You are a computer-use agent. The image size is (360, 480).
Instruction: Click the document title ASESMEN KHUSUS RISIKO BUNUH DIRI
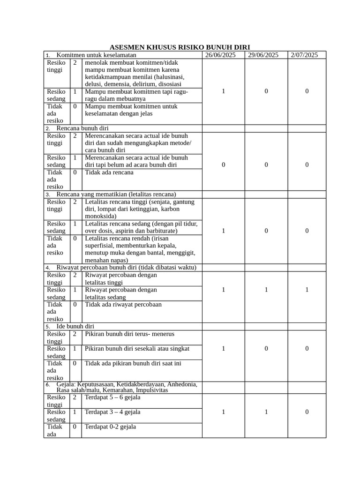[x=180, y=47]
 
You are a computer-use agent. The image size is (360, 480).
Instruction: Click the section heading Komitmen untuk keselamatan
[x=96, y=55]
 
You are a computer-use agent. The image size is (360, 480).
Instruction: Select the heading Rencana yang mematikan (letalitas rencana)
[x=116, y=194]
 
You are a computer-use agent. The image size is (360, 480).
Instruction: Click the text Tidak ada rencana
[x=109, y=172]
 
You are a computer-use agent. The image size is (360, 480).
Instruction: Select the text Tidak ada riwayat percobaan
[x=123, y=304]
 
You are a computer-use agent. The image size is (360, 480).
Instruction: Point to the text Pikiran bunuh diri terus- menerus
[x=129, y=334]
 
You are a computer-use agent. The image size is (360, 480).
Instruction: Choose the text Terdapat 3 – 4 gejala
[x=112, y=412]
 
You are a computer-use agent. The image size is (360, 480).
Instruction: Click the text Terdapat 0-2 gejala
[x=110, y=427]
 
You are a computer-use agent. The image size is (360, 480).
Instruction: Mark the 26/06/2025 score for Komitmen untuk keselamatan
[x=223, y=91]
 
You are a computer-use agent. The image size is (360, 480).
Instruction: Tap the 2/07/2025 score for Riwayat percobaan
[x=307, y=290]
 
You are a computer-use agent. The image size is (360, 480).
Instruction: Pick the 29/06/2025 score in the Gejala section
[x=266, y=412]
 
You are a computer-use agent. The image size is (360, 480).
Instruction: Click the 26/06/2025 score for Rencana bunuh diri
[x=223, y=165]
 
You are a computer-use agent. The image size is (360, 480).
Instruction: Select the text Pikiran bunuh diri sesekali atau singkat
[x=137, y=348]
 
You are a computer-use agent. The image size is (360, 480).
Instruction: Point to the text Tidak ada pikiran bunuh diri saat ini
[x=133, y=363]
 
